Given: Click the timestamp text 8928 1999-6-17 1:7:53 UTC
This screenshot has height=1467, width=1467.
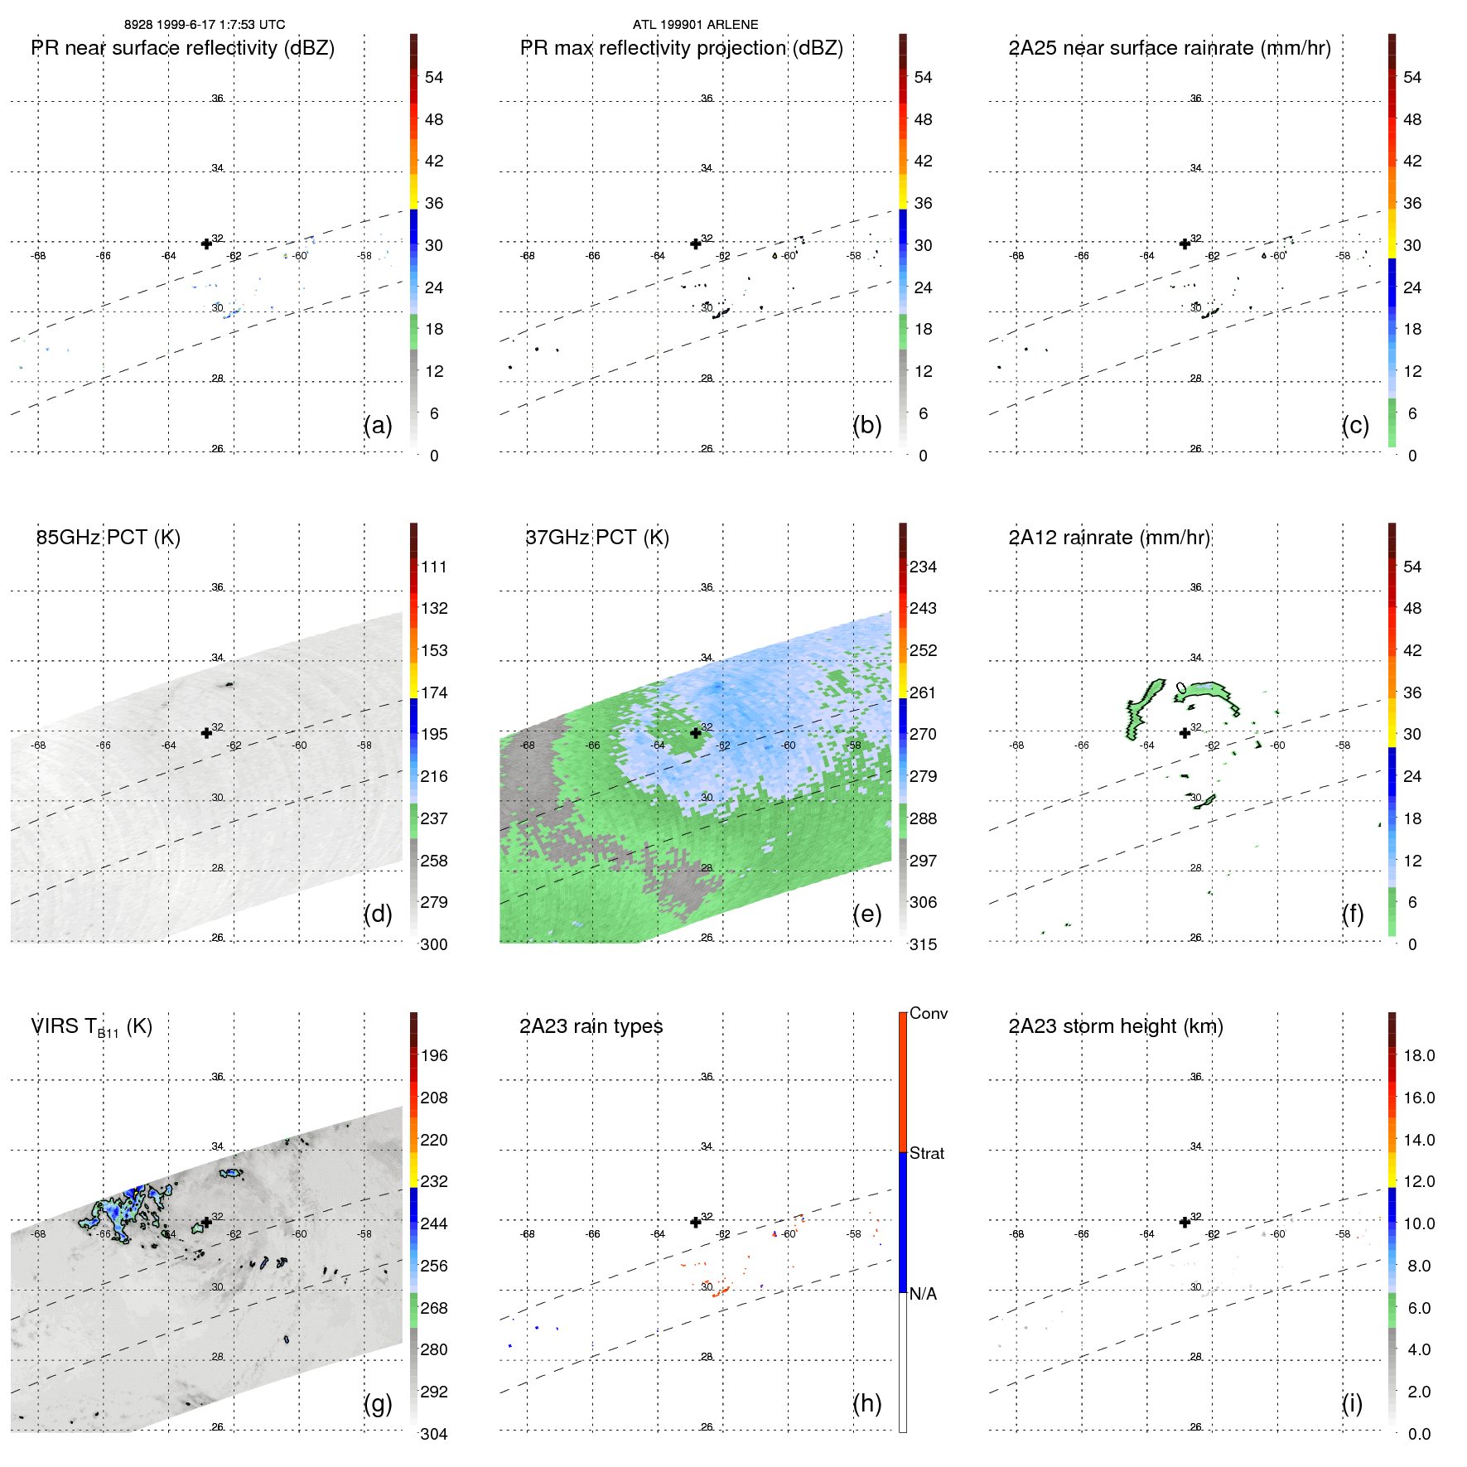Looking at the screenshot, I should [x=205, y=25].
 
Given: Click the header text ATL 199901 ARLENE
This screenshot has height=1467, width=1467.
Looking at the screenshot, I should [x=695, y=25].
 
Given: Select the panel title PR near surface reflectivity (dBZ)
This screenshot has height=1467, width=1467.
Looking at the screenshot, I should [x=183, y=48].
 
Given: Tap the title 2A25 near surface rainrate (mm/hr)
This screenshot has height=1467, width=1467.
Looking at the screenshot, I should [x=1169, y=48].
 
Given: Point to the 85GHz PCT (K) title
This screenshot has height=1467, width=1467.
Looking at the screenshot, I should [x=109, y=538].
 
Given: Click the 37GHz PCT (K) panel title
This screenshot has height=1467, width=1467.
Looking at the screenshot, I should [x=597, y=538].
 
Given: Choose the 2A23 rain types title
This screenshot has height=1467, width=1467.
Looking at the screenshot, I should [x=591, y=1026].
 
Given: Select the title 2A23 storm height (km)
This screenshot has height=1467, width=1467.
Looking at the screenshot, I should [x=1115, y=1026].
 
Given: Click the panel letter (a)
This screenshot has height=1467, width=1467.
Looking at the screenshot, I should [x=378, y=425].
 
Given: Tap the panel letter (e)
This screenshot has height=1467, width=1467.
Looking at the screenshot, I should [x=866, y=914].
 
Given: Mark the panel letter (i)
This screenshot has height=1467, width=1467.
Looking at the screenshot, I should [x=1352, y=1403].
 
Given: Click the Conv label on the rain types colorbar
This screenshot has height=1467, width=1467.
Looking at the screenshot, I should [x=928, y=1013].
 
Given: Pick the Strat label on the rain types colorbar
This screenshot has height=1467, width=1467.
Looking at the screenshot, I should [x=926, y=1153].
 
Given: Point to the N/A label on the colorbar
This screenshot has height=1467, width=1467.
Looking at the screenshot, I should [x=923, y=1294].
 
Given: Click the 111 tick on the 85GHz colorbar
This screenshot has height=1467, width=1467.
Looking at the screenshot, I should [x=434, y=567].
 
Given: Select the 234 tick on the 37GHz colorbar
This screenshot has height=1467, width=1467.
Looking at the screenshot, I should [x=923, y=567].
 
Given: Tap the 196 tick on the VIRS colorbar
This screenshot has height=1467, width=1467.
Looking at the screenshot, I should [x=434, y=1055].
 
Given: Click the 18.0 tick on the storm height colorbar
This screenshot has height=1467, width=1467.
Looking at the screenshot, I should [x=1419, y=1055].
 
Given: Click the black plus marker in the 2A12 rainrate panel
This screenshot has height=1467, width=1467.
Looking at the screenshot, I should [x=1185, y=733].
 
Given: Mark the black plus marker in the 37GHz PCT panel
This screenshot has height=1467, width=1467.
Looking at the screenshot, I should [x=696, y=733].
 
